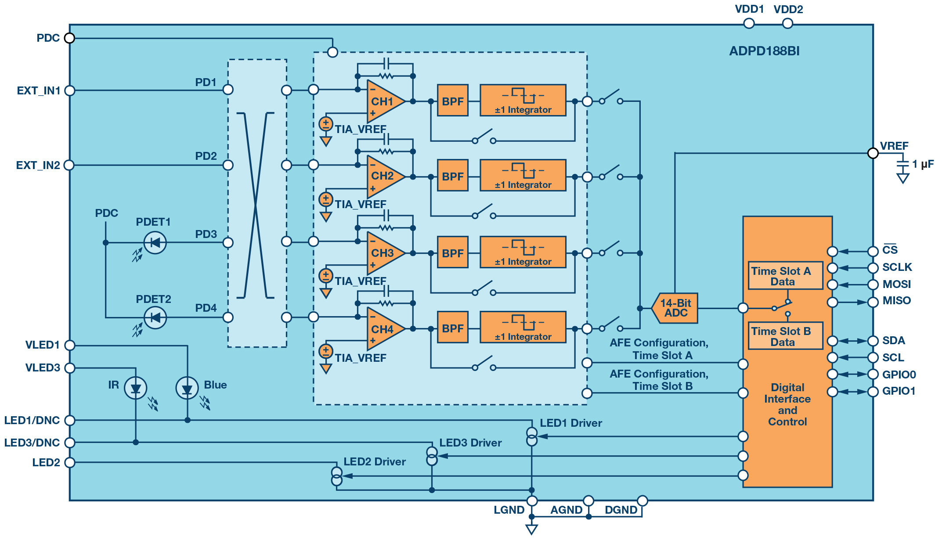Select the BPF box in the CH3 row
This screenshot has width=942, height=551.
tap(453, 252)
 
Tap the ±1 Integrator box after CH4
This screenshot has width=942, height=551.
tap(523, 327)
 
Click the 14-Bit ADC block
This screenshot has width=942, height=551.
tap(675, 308)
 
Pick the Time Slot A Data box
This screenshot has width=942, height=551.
tap(785, 276)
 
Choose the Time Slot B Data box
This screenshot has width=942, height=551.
tap(785, 336)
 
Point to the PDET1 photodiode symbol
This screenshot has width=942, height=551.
tap(155, 242)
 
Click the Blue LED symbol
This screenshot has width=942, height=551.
tap(187, 389)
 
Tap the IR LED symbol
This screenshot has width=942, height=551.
tap(136, 388)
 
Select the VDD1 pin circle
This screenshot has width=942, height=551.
tap(749, 23)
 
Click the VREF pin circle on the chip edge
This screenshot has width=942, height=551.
tap(873, 153)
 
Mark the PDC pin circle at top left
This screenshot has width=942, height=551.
tap(69, 38)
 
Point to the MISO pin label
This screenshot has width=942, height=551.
tap(897, 301)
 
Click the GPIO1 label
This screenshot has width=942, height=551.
tap(899, 391)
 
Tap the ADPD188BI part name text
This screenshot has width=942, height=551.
tap(765, 51)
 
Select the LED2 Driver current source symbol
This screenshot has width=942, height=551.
tap(336, 476)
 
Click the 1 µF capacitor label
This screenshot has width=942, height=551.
tap(923, 164)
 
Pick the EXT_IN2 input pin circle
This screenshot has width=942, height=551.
tap(69, 165)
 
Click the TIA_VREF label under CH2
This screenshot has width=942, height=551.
tap(361, 205)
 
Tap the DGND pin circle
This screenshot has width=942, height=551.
tap(642, 501)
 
